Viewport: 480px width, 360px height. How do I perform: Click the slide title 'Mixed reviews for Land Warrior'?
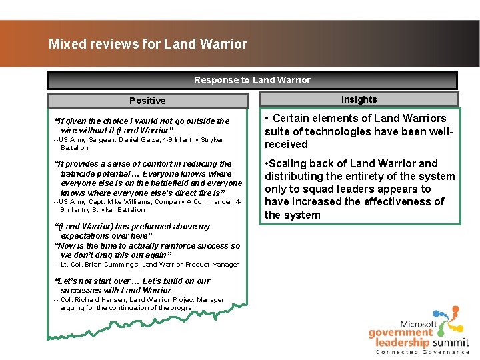[x=147, y=45]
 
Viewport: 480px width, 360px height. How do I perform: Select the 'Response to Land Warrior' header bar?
[x=252, y=80]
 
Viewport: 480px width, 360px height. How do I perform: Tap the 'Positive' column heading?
[x=147, y=101]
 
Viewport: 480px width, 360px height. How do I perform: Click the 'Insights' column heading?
[x=359, y=99]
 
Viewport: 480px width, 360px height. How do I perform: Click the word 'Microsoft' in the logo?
[x=419, y=324]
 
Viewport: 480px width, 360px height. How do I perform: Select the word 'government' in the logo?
[x=400, y=333]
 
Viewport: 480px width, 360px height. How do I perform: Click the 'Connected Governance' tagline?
[x=423, y=352]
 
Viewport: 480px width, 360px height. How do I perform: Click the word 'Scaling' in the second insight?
[x=287, y=163]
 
